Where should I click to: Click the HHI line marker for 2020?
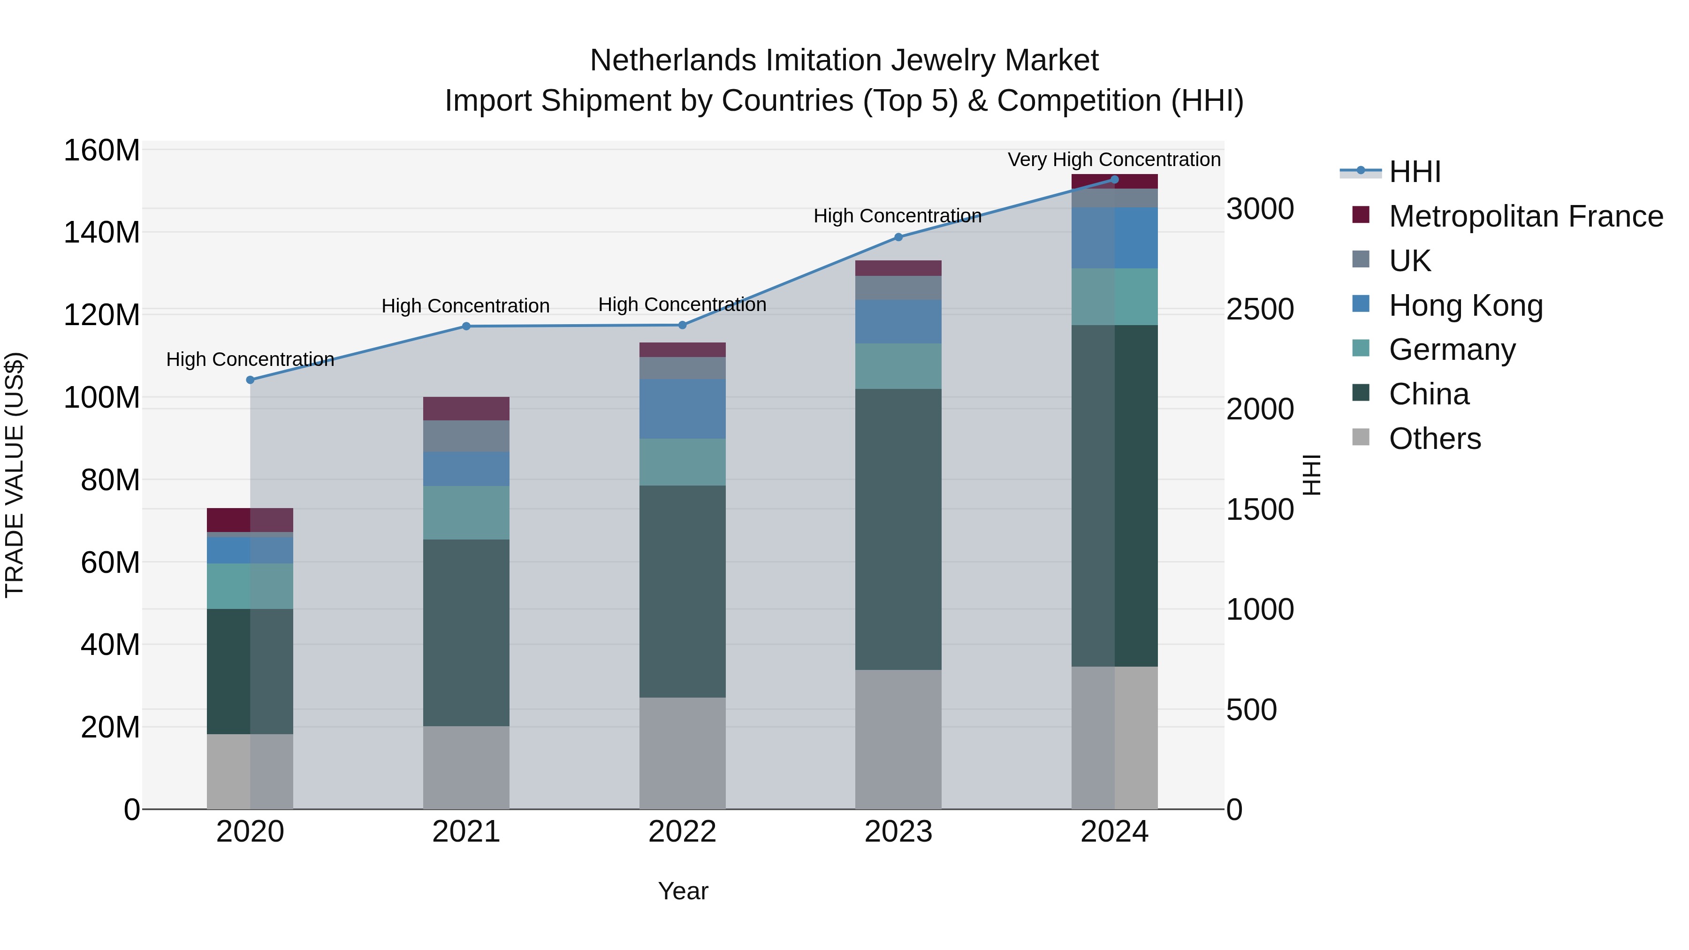[x=250, y=380]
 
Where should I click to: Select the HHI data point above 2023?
[x=898, y=237]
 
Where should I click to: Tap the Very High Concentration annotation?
[x=1113, y=160]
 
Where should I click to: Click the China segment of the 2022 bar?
[x=682, y=591]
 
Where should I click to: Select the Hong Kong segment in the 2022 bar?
[x=682, y=409]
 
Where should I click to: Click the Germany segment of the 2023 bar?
[x=898, y=366]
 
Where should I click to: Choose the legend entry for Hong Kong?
[x=1465, y=305]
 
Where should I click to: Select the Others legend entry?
[x=1434, y=439]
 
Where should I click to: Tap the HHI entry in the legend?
[x=1414, y=172]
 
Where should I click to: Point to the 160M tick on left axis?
[x=102, y=151]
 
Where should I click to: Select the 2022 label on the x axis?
[x=682, y=832]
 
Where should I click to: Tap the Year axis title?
[x=683, y=891]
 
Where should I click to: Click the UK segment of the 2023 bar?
[x=898, y=288]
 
